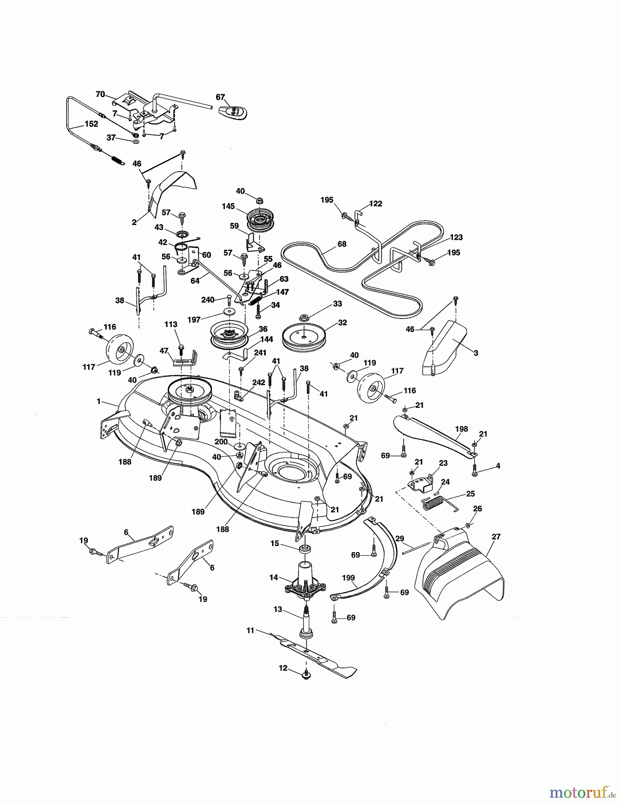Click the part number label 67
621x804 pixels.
tap(220, 97)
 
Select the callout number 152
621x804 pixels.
tap(91, 124)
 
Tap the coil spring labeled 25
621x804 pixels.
tap(436, 505)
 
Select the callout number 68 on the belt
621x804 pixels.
tap(342, 244)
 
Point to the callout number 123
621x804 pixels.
tap(456, 237)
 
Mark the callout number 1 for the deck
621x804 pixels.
tap(98, 401)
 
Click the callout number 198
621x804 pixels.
tap(461, 429)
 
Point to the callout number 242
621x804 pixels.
tap(259, 382)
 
